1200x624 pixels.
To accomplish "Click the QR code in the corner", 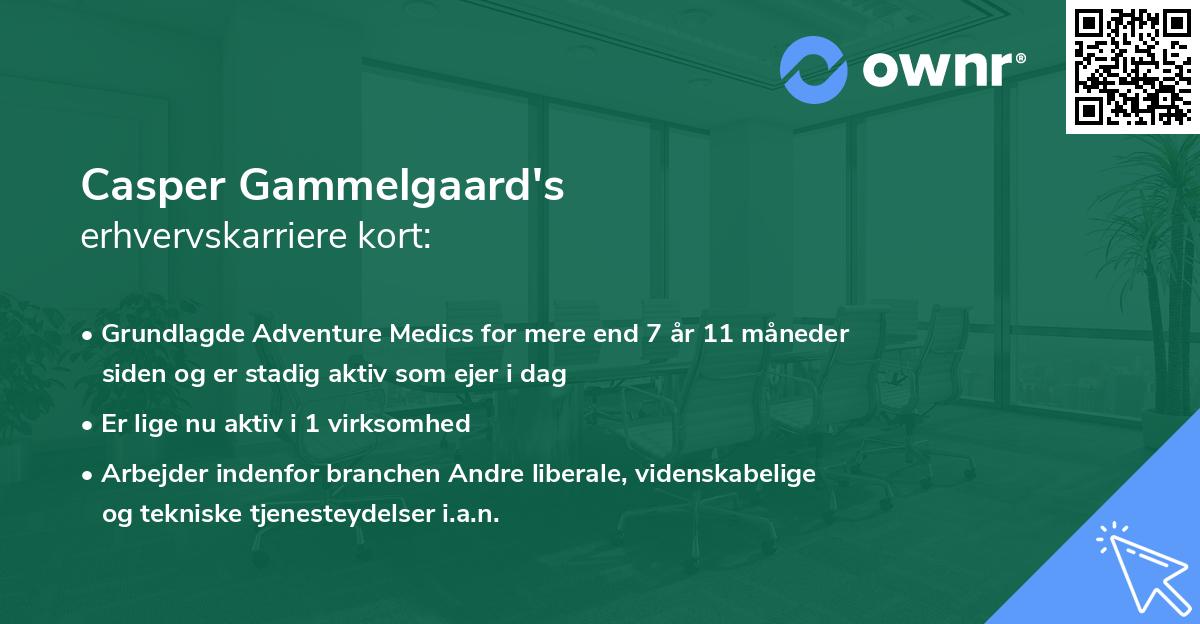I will [1132, 66].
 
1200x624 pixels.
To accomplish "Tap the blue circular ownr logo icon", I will [812, 70].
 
